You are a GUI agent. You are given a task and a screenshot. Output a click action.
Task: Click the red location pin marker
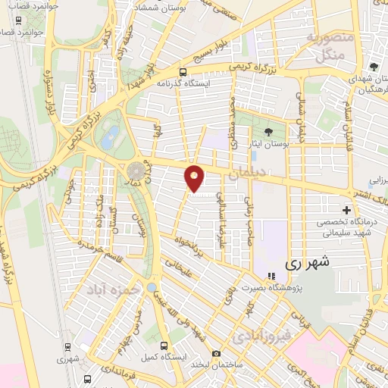[195, 179]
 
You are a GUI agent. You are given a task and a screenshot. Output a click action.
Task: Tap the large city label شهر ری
[302, 264]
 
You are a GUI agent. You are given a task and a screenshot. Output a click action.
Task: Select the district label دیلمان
[247, 174]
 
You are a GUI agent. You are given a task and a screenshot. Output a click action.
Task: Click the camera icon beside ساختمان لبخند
[217, 354]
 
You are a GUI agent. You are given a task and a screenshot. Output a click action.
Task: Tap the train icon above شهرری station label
[69, 348]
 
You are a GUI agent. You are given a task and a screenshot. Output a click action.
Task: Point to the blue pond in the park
[111, 137]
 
